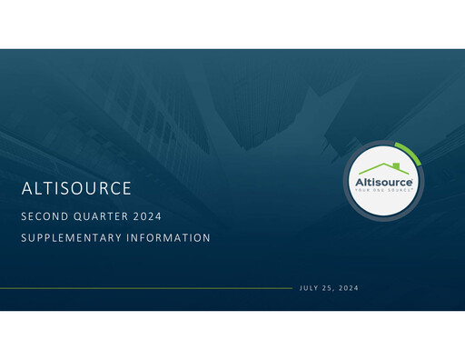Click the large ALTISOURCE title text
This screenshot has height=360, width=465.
tap(77, 189)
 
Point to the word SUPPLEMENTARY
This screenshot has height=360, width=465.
tap(74, 238)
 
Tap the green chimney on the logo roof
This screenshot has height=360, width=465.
tap(397, 165)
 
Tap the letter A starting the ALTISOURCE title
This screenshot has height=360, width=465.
tap(27, 189)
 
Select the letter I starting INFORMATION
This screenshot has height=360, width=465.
tap(130, 238)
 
